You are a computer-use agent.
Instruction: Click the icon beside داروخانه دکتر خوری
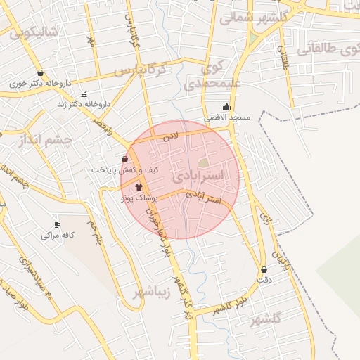(x=40, y=72)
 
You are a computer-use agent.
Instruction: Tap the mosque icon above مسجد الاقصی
(x=225, y=107)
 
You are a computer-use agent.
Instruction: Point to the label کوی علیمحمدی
(x=211, y=78)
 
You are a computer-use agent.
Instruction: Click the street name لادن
(x=171, y=134)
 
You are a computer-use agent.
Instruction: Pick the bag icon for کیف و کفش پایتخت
(x=125, y=160)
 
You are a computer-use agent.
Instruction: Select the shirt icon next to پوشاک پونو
(x=138, y=188)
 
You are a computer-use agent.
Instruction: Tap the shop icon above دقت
(x=264, y=269)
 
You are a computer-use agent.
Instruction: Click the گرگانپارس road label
(x=140, y=71)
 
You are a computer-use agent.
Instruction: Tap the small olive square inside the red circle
(x=204, y=162)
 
